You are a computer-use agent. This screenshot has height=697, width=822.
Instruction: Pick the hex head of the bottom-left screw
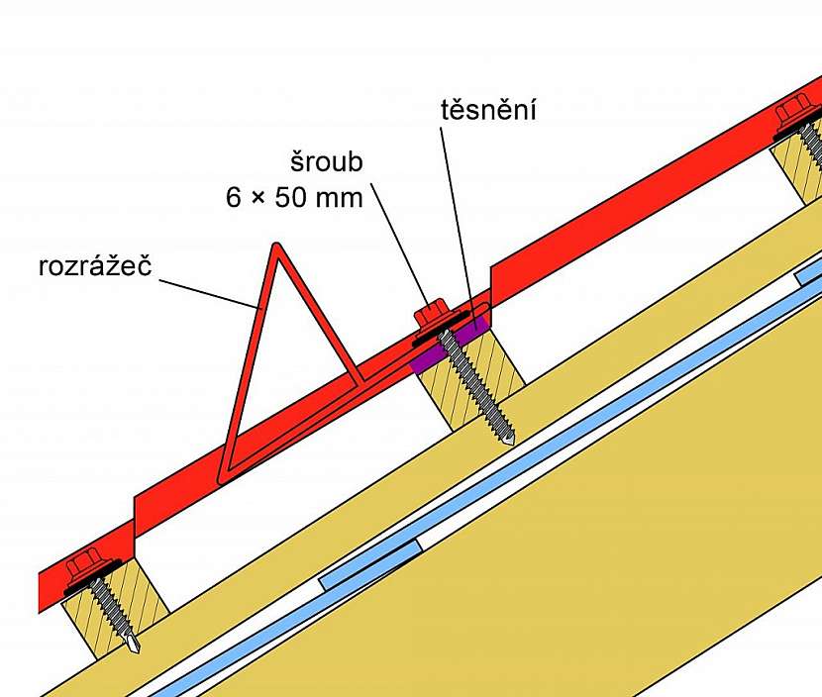(x=80, y=569)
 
